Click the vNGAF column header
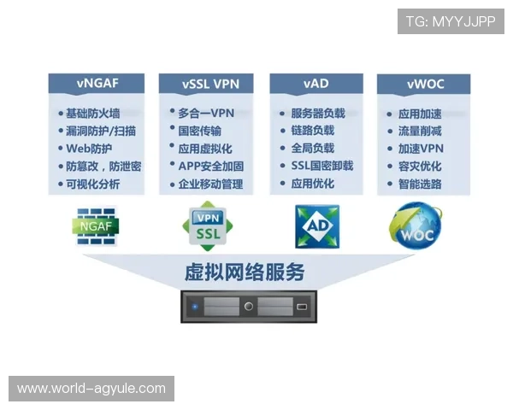[x=97, y=84]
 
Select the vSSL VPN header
[x=206, y=84]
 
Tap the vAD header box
[x=316, y=84]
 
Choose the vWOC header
[x=424, y=84]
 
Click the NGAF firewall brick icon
[x=96, y=226]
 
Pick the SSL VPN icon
[x=208, y=226]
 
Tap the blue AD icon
[x=317, y=226]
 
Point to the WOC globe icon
[x=416, y=225]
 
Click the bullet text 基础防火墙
[x=93, y=114]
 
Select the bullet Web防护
[x=89, y=149]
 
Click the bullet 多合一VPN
[x=206, y=114]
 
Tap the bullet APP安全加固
[x=211, y=167]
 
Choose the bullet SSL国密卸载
[x=322, y=166]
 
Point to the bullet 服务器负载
[x=318, y=114]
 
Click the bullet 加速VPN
[x=421, y=149]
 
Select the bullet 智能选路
[x=420, y=184]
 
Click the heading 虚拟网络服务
[x=245, y=272]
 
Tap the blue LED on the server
[x=195, y=307]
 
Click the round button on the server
[x=249, y=307]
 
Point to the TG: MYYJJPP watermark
[x=451, y=21]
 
